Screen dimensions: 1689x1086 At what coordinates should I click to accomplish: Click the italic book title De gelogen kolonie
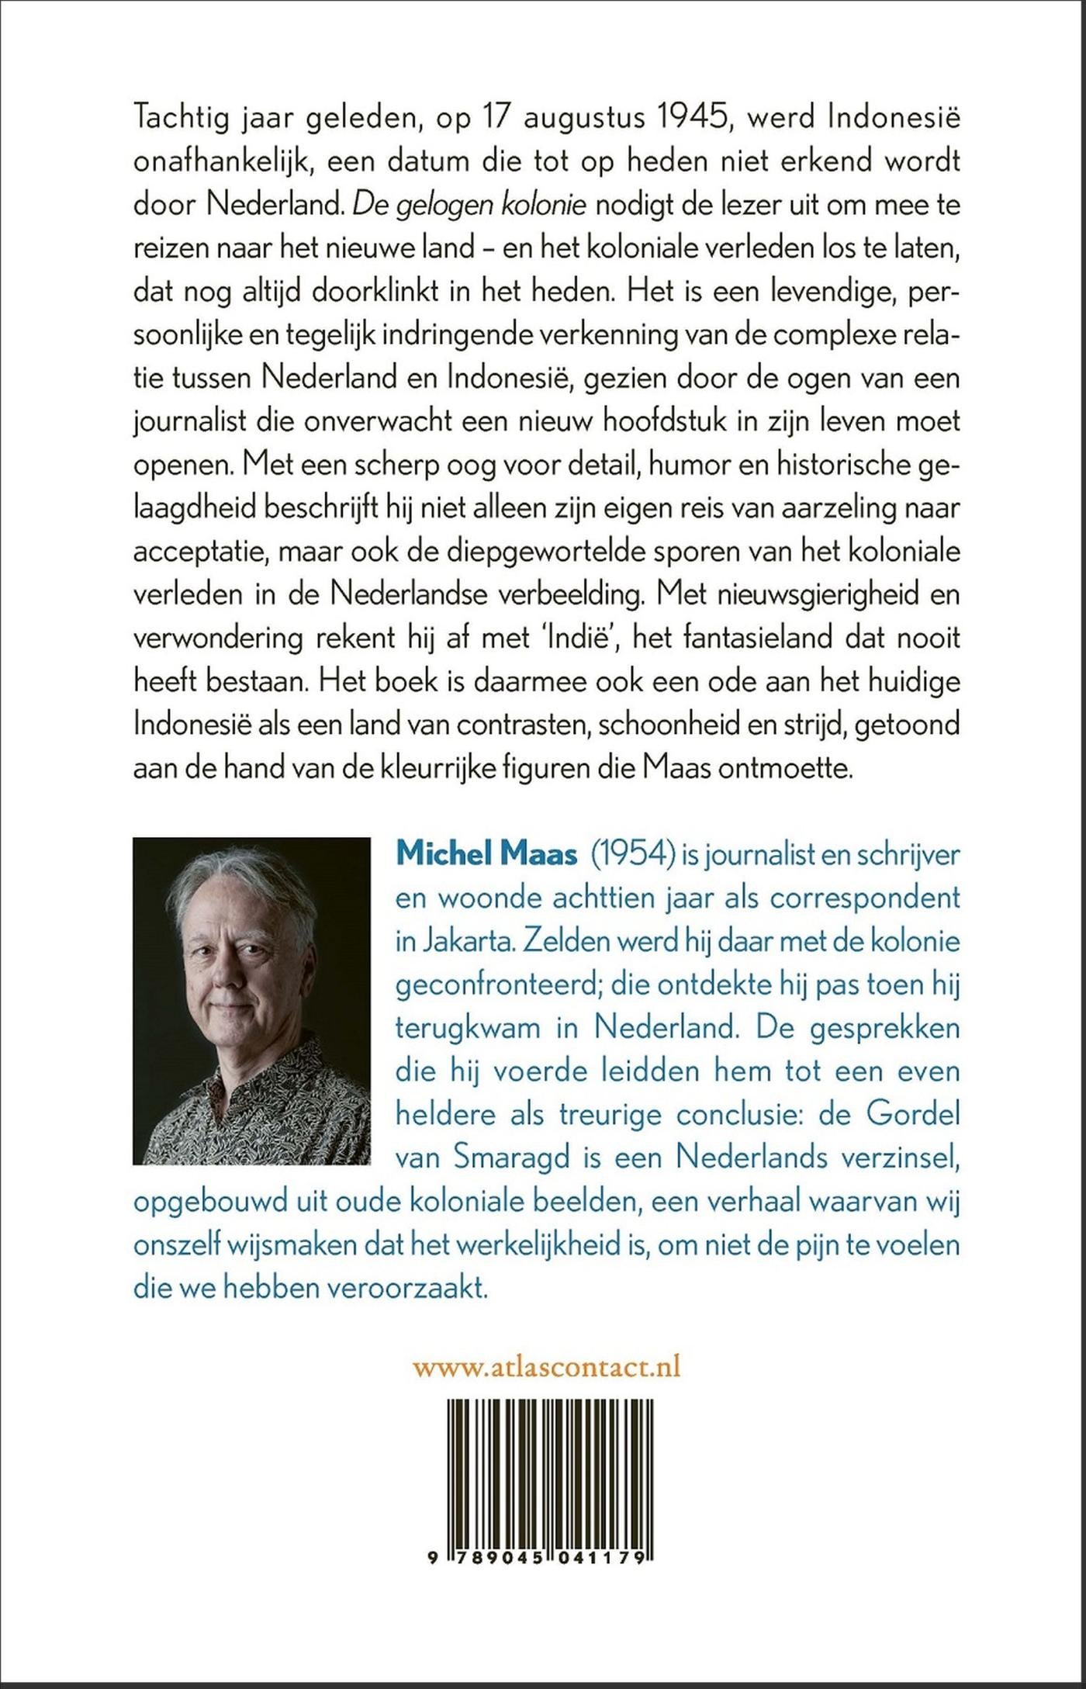click(x=470, y=205)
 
